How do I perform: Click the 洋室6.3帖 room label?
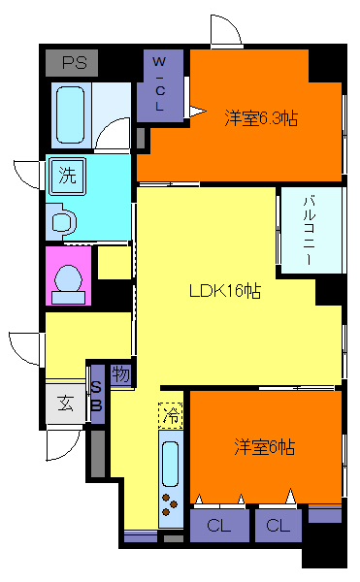pos(261,118)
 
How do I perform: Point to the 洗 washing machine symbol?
pos(67,177)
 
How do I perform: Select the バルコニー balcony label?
pos(308,230)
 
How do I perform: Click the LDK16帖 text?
pos(225,290)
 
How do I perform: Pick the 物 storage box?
pos(121,374)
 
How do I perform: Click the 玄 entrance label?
pos(65,404)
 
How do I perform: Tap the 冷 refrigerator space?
pos(170,415)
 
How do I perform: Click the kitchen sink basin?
pos(171,464)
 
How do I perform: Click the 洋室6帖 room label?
pos(264,447)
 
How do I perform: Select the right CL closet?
pos(278,527)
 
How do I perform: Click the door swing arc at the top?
pos(225,32)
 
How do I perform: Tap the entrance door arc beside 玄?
pos(60,444)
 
